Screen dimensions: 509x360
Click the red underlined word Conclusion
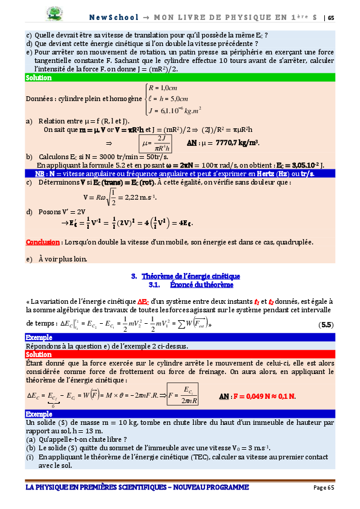coord(43,242)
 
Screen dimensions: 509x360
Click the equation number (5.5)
coord(326,324)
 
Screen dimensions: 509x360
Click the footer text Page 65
coord(323,488)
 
